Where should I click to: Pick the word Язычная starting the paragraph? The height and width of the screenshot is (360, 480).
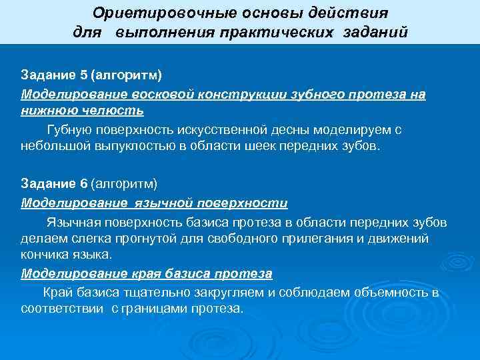click(x=71, y=221)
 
